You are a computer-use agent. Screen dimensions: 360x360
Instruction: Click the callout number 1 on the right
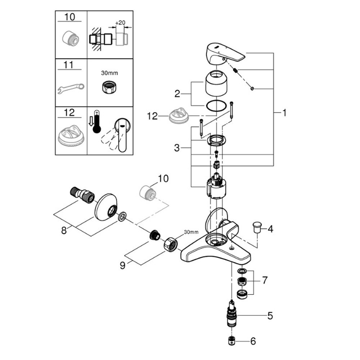(284, 113)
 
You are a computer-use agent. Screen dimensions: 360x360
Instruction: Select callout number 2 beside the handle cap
(177, 94)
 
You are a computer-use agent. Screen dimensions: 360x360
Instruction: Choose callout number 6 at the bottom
(253, 341)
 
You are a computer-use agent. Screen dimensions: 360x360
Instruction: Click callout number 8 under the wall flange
(64, 230)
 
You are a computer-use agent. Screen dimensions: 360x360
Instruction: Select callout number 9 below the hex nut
(123, 265)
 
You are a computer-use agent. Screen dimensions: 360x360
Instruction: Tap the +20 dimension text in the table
(120, 23)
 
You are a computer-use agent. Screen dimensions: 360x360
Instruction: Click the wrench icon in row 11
(71, 87)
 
